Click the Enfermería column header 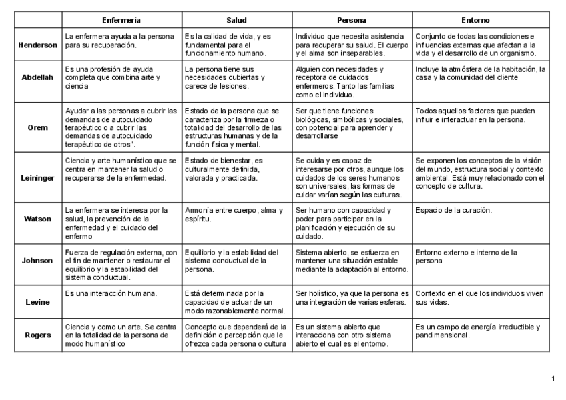(121, 21)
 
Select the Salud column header (237, 21)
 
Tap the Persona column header (351, 21)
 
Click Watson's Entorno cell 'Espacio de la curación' (454, 211)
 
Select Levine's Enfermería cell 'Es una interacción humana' (111, 293)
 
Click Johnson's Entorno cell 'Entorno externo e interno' (467, 257)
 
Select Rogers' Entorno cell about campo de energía (478, 331)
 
